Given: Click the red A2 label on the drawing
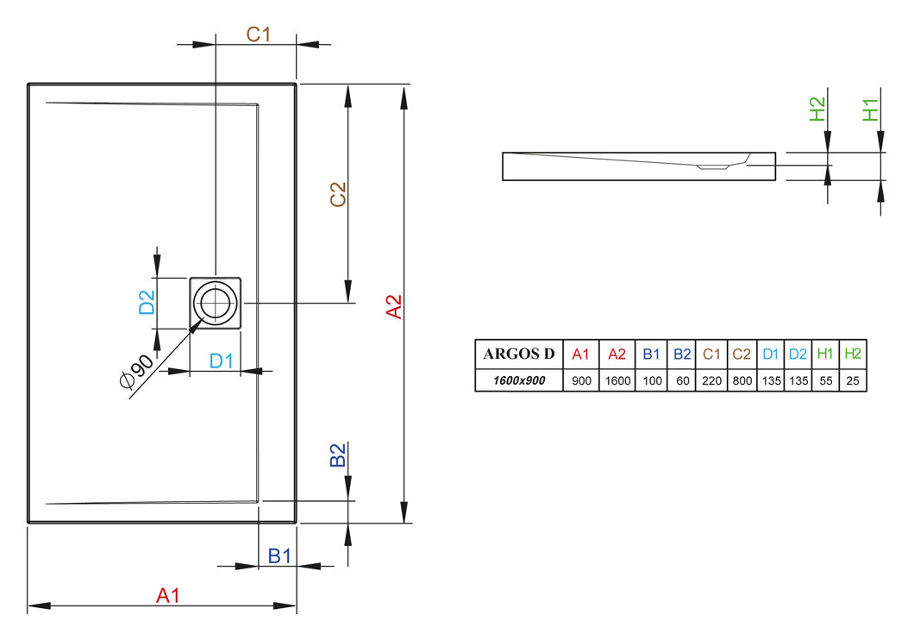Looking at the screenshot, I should tap(393, 307).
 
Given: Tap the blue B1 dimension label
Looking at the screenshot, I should tap(279, 556).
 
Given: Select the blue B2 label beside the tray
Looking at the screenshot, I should tap(338, 455).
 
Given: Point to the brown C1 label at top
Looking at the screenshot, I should tap(259, 35).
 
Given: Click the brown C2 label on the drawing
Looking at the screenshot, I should tap(338, 194).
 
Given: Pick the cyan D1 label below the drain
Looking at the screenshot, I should tap(222, 361).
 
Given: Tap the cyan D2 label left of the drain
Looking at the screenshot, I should tap(147, 302).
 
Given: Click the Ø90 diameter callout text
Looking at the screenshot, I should tap(138, 372).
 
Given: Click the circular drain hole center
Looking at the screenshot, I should tap(214, 304).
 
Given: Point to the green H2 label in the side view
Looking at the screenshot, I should tap(817, 110).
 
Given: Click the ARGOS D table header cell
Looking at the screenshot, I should tap(518, 354).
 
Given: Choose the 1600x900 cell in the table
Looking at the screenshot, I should tap(518, 380).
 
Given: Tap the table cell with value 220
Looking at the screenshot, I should tap(711, 380).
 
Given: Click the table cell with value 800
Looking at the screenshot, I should tap(742, 380).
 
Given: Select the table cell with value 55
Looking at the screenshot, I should tap(824, 380).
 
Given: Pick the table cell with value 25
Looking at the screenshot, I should tap(852, 380).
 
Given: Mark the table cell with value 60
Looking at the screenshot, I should tap(682, 380).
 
